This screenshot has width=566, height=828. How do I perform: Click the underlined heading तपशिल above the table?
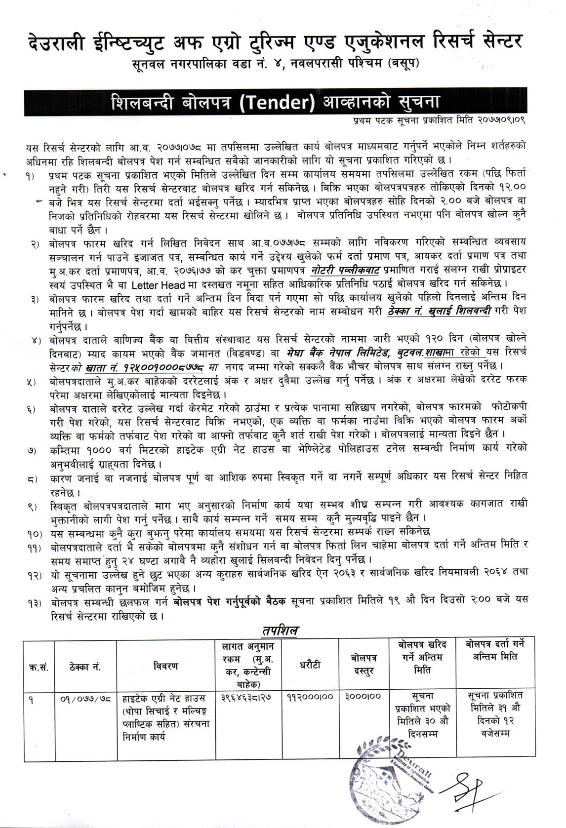point(280,631)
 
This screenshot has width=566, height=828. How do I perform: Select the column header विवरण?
point(165,666)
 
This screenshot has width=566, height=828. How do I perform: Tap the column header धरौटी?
point(310,665)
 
